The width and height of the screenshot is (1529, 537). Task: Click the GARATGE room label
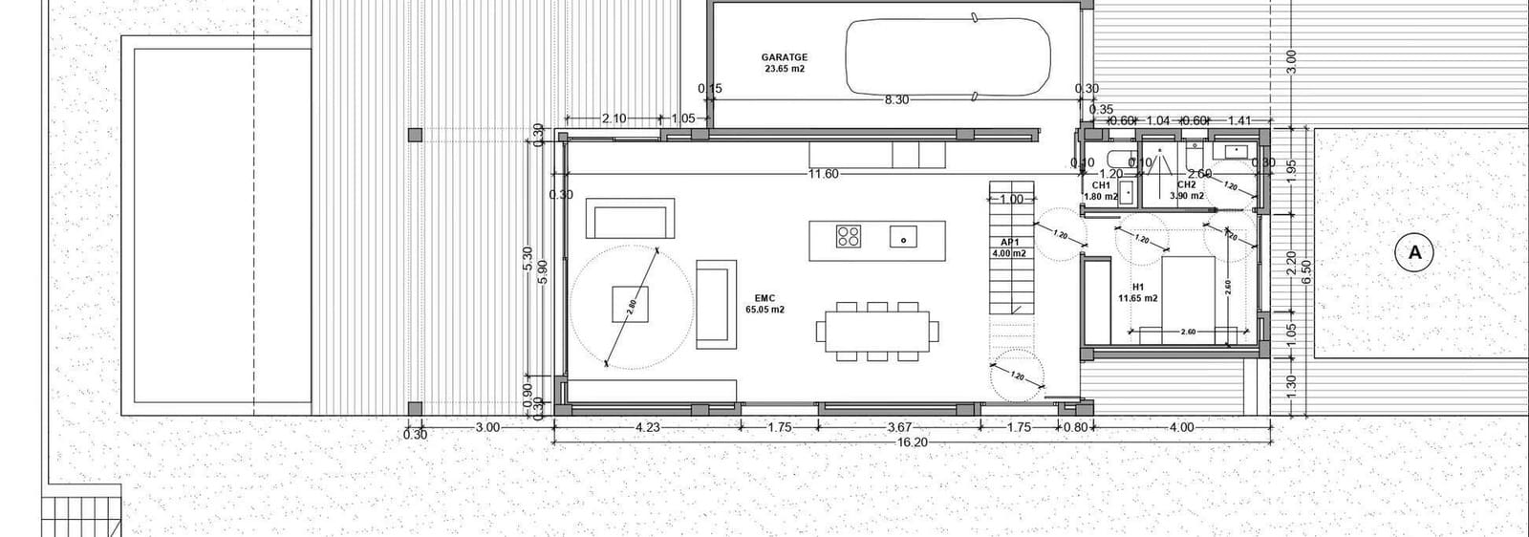785,63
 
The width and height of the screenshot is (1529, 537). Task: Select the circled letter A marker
1415,253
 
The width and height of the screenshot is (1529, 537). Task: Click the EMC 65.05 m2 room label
764,304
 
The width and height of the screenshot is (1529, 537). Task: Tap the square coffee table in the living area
631,304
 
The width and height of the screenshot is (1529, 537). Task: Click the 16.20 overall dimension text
912,443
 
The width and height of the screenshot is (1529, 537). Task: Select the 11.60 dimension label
823,174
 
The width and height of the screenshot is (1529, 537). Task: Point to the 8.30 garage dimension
896,99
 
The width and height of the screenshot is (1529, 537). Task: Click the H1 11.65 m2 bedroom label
1138,291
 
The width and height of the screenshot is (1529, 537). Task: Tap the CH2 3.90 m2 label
1186,190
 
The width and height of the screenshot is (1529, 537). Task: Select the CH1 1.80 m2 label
1101,190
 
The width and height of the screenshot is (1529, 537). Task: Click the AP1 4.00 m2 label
1007,247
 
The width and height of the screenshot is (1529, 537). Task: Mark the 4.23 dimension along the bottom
647,427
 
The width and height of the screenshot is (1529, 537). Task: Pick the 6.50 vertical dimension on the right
1305,265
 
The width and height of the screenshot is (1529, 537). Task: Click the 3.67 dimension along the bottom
899,427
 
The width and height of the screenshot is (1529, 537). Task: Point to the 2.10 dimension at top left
614,118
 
